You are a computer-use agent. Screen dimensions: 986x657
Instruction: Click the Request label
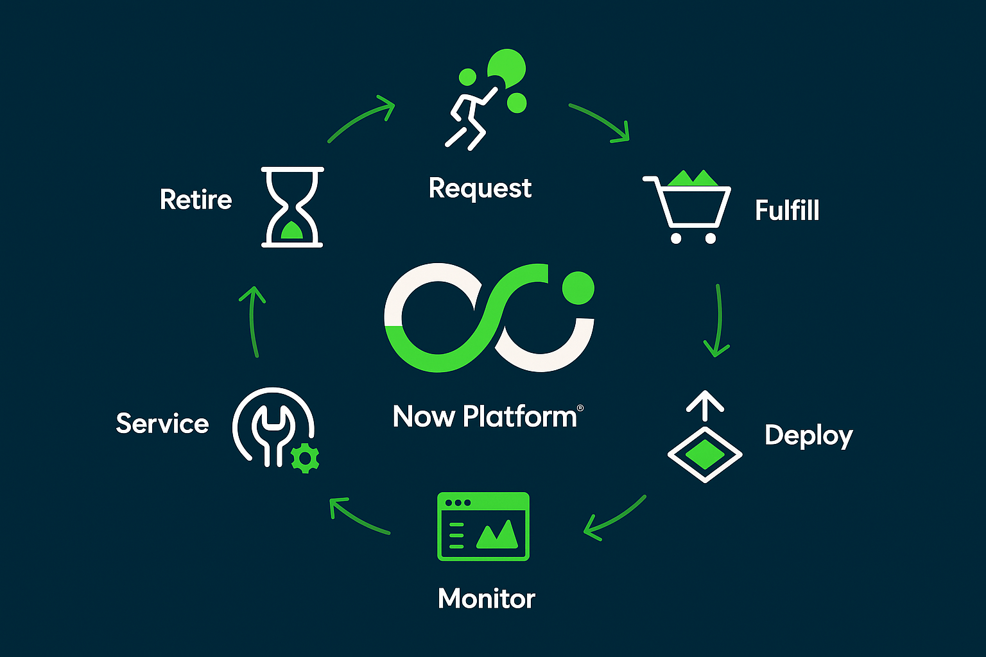point(480,189)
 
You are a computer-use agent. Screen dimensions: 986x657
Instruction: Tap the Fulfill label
point(787,210)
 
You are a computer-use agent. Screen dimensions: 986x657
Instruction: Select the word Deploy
point(809,436)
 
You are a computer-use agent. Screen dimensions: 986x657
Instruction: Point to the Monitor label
point(487,599)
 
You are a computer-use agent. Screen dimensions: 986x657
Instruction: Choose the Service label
point(162,423)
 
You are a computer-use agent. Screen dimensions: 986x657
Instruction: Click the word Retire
point(196,200)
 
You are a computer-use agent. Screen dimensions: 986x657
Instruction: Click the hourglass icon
point(292,207)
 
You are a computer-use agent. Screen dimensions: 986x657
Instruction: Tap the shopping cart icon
point(687,207)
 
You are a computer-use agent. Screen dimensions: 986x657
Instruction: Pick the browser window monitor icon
point(483,526)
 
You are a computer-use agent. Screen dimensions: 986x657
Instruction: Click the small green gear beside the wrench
point(305,459)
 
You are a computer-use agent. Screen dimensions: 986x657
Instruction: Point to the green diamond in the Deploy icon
point(705,454)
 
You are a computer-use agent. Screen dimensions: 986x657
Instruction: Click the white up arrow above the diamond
point(705,405)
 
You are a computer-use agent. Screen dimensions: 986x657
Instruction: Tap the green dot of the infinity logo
point(578,288)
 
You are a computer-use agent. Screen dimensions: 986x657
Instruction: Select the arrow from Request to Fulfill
point(601,120)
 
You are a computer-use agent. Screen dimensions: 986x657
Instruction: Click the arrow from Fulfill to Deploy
point(719,319)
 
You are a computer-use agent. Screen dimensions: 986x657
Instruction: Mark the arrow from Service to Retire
point(252,321)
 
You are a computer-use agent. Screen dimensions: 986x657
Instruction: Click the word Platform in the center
point(520,417)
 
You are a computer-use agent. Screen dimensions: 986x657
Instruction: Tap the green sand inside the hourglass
point(292,230)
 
